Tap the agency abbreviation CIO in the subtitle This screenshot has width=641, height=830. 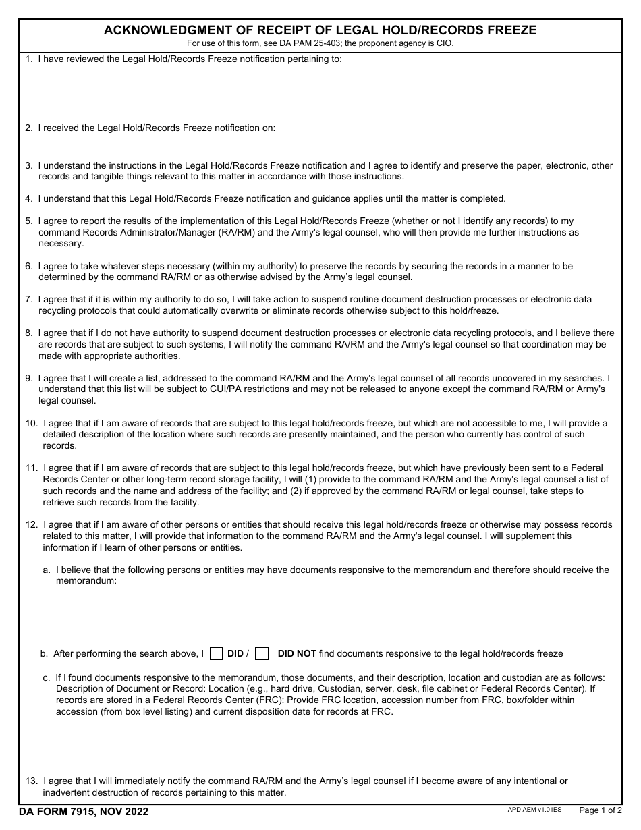point(444,43)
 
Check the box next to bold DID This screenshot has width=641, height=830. point(216,653)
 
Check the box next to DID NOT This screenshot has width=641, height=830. point(262,653)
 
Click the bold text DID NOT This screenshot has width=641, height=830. point(297,653)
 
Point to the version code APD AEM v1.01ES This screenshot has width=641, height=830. point(534,809)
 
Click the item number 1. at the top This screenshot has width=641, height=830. point(29,59)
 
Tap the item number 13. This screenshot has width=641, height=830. point(31,781)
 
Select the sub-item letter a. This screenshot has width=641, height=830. point(47,570)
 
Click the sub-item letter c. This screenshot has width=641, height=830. point(46,677)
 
